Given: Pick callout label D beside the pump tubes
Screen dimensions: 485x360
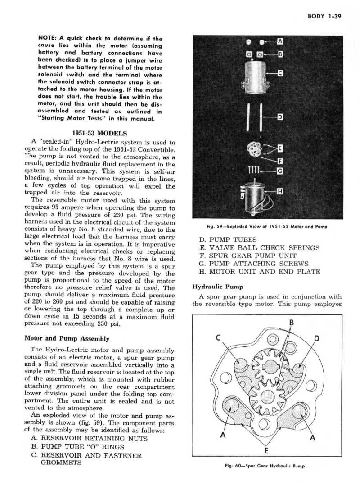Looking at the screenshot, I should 280,118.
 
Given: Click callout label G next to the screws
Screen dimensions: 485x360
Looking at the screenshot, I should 280,171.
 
